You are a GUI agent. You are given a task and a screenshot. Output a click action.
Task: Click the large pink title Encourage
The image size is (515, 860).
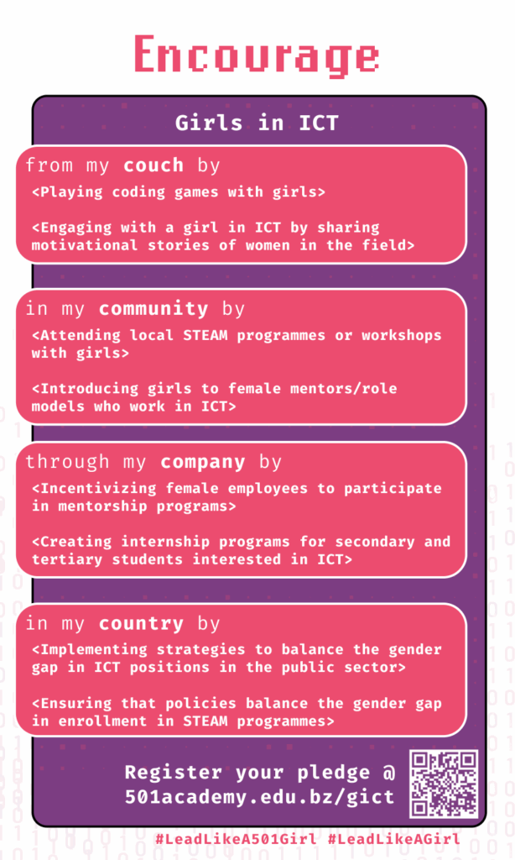(x=257, y=55)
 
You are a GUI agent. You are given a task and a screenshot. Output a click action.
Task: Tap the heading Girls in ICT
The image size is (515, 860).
(x=257, y=123)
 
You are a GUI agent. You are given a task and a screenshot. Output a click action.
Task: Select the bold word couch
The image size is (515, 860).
(x=153, y=165)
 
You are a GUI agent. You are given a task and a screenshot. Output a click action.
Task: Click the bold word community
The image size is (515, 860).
(x=153, y=309)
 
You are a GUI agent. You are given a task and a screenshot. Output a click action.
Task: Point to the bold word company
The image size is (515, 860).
(x=203, y=463)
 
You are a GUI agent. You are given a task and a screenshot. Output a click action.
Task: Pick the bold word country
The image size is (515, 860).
(x=142, y=624)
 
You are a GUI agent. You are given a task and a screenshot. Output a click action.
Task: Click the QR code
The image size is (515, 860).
(x=444, y=784)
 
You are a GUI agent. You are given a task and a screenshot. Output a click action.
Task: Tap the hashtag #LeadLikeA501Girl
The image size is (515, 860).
(x=237, y=839)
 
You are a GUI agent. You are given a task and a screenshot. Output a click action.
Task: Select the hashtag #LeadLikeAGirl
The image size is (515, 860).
(x=394, y=839)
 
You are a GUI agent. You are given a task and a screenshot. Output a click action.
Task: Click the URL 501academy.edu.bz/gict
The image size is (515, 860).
(x=259, y=797)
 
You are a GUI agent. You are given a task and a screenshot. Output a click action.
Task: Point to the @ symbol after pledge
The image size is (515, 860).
(x=388, y=773)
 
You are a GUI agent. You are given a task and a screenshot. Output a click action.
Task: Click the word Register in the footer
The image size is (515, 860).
(x=173, y=773)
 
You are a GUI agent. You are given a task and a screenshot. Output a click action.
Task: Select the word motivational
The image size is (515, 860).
(x=85, y=245)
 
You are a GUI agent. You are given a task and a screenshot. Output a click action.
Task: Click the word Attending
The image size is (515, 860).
(x=81, y=335)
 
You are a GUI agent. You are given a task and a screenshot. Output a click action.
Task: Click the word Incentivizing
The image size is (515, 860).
(x=99, y=489)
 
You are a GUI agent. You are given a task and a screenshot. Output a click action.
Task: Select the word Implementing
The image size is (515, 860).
(x=94, y=650)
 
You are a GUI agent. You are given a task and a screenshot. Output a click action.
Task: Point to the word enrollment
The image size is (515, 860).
(x=102, y=721)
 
